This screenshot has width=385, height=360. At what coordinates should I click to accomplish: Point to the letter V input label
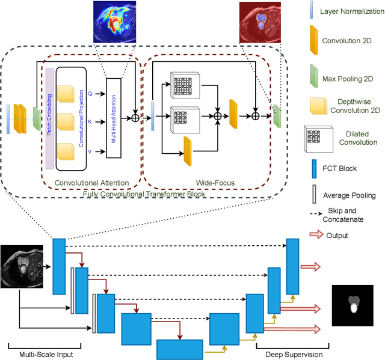coord(90,151)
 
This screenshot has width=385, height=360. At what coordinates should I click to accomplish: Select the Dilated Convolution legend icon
coord(313,136)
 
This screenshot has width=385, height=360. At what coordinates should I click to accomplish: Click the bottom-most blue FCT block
coord(180,349)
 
